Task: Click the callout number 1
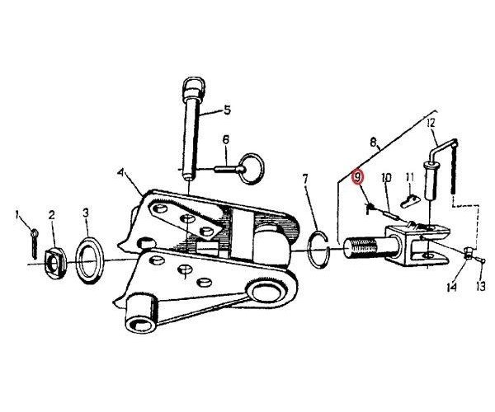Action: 17,216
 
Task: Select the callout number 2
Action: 51,215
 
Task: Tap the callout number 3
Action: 86,213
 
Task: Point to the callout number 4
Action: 121,173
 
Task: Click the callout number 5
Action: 228,110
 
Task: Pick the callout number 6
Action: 226,140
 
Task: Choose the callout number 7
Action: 305,180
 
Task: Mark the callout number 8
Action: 374,143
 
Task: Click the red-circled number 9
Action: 358,177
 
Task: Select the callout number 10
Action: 386,177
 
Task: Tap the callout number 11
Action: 410,177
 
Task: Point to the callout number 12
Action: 431,123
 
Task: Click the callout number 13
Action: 480,287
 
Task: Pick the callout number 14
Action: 452,288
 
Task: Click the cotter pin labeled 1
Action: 34,243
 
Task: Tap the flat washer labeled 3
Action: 89,260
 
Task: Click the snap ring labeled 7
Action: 319,250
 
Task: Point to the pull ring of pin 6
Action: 252,168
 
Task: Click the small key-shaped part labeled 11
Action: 410,201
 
